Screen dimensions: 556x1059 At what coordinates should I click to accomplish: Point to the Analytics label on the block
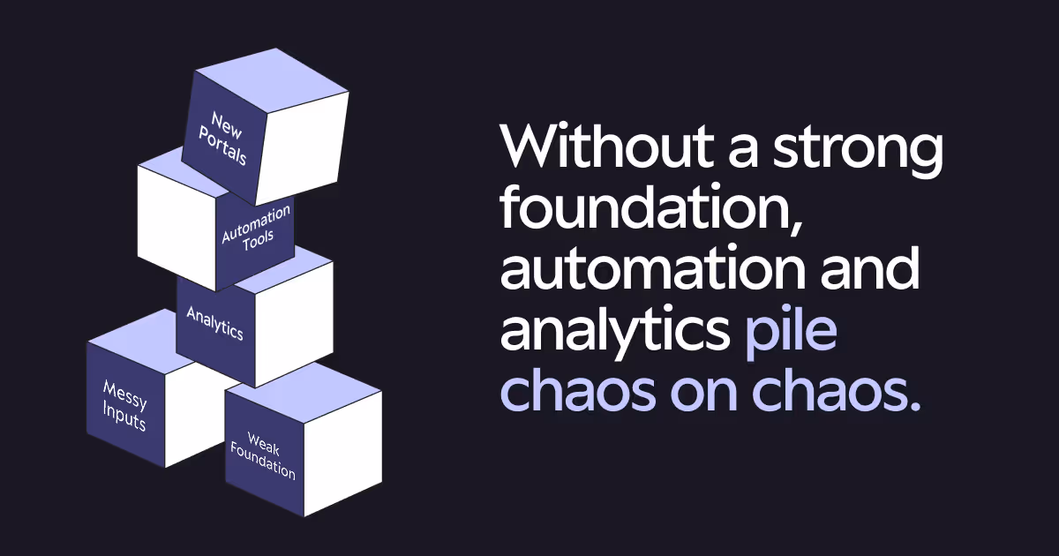point(214,322)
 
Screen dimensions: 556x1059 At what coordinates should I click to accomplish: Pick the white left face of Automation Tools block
point(176,225)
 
